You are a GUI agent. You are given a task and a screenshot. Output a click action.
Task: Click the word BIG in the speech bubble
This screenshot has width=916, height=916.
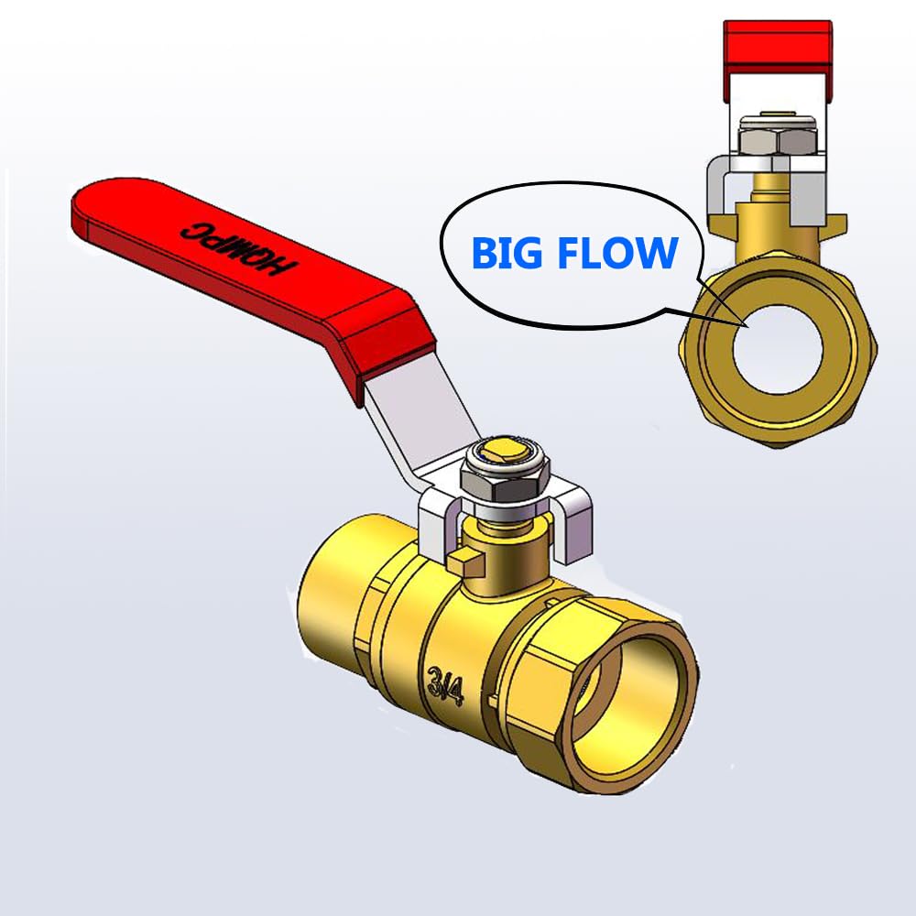(509, 253)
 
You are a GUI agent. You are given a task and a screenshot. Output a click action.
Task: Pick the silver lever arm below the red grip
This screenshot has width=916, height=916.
(421, 430)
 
